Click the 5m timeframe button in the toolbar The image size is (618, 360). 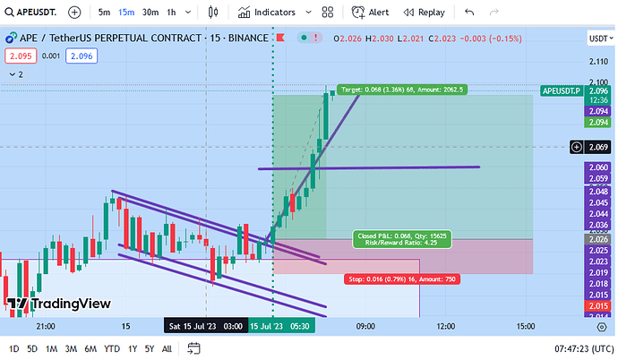[x=105, y=13]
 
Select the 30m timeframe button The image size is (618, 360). [x=150, y=13]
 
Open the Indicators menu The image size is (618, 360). [x=267, y=13]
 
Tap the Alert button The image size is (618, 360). [x=371, y=13]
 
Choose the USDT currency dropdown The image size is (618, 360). [x=597, y=39]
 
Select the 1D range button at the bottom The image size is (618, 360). [x=13, y=348]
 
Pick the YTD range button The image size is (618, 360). [x=112, y=348]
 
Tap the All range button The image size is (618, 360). [x=167, y=348]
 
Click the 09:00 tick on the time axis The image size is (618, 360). [x=365, y=326]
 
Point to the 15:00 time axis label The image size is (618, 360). [x=525, y=326]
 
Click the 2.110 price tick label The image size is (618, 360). [x=598, y=61]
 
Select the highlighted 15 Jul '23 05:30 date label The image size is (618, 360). [x=279, y=326]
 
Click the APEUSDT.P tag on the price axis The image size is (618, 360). [x=562, y=90]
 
